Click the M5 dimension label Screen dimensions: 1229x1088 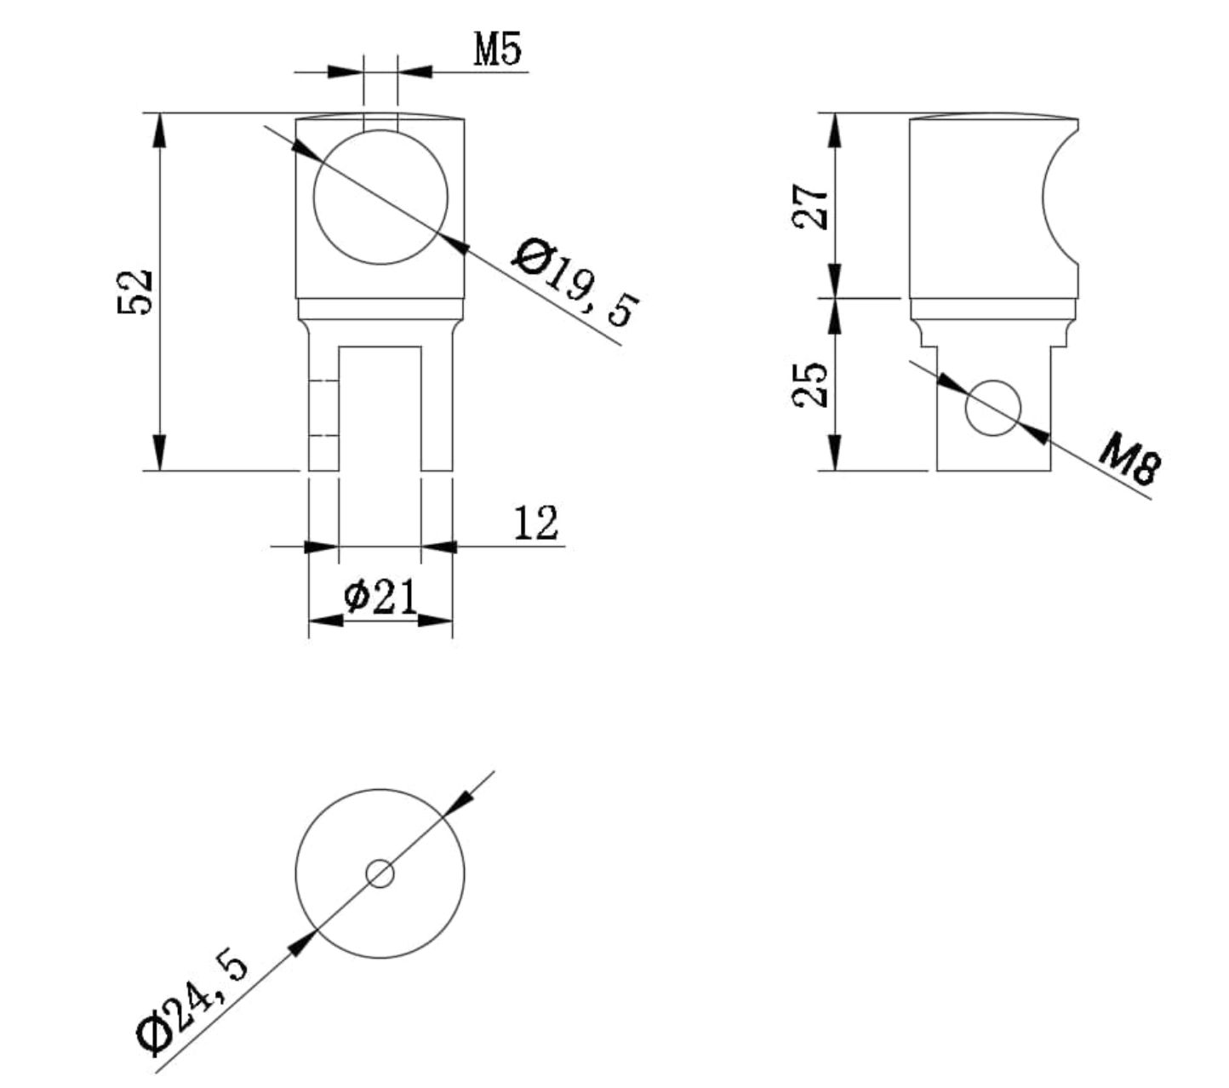(x=497, y=49)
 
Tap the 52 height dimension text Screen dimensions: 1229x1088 (x=134, y=292)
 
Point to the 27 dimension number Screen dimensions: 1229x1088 (x=810, y=207)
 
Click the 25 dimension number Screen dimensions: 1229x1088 (x=810, y=386)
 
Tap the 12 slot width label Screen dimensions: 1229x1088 (x=535, y=523)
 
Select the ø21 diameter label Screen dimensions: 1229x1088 (x=380, y=597)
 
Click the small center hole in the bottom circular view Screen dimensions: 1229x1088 (x=380, y=873)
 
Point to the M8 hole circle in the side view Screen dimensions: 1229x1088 (x=993, y=408)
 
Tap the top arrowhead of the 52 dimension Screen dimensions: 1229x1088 (x=159, y=129)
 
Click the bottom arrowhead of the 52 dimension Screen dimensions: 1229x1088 (x=159, y=453)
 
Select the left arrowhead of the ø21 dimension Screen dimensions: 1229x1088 (x=326, y=621)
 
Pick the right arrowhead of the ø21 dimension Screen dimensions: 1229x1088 (x=436, y=621)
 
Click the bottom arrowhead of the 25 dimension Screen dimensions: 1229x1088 (x=835, y=453)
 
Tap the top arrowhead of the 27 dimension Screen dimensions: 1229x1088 (x=835, y=129)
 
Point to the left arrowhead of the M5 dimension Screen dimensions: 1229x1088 (x=346, y=72)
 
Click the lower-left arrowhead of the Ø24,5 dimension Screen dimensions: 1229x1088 (x=303, y=943)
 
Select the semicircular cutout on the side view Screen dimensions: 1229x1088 (x=1060, y=198)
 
